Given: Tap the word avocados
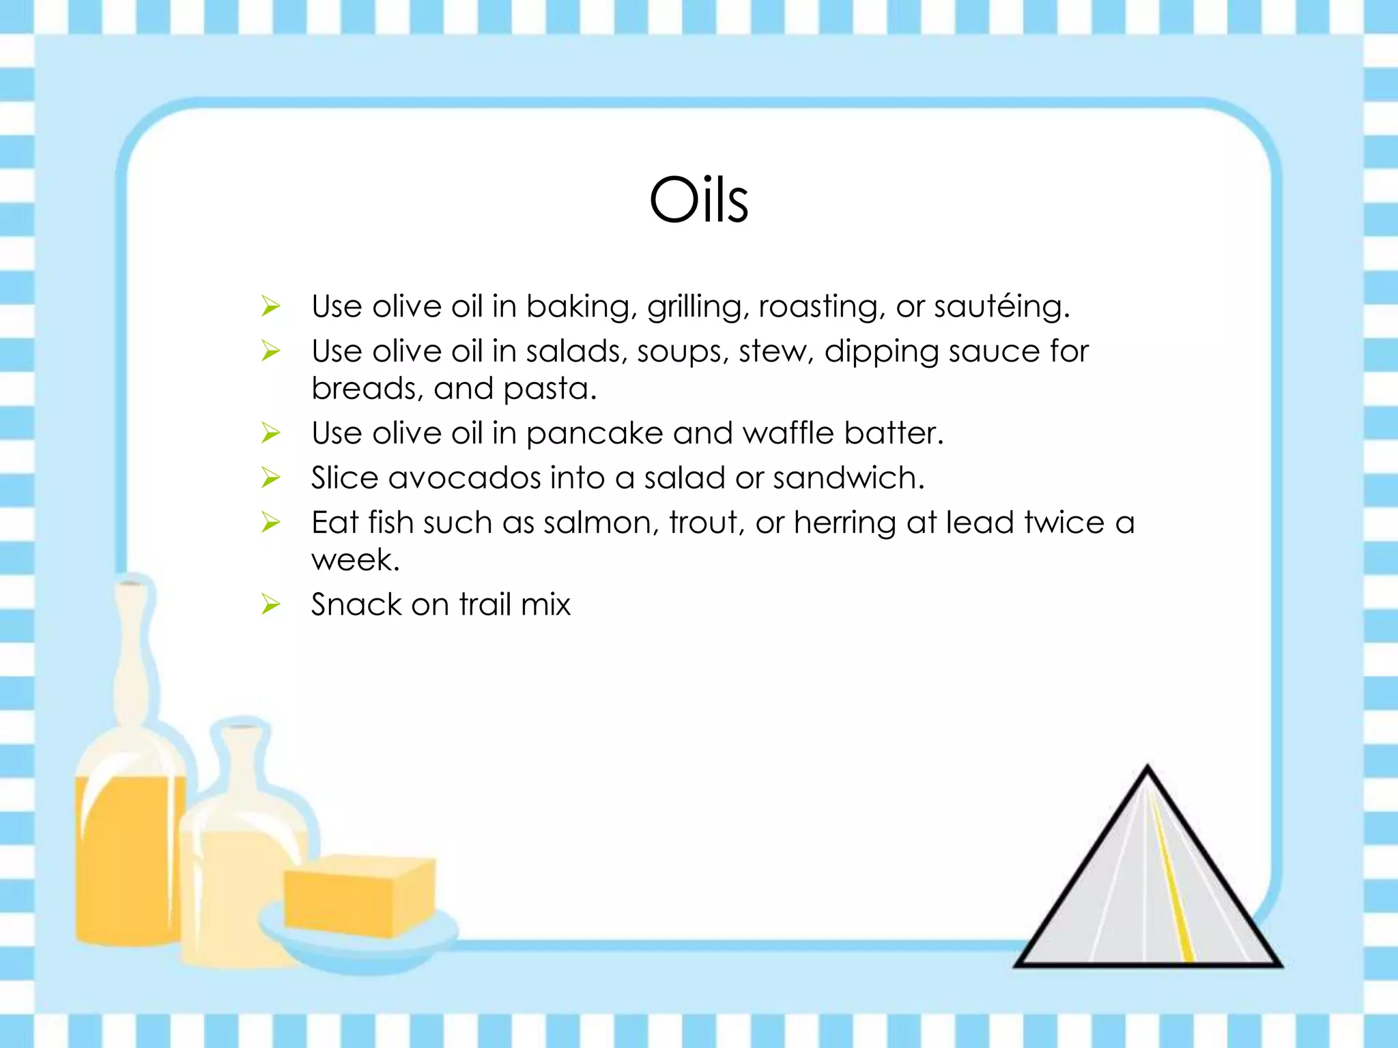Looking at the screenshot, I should (463, 478).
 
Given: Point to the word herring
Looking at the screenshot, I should (844, 523).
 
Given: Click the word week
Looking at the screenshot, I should (354, 560).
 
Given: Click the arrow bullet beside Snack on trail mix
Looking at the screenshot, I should (271, 605).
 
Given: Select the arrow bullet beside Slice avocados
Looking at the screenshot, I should (271, 478).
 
